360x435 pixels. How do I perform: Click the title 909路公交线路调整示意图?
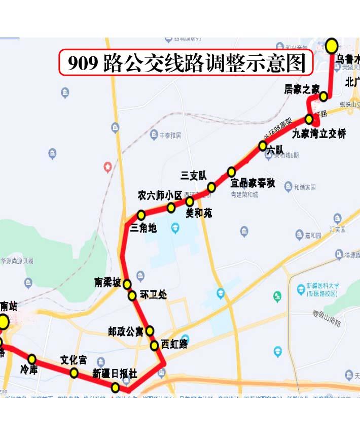[x=187, y=63]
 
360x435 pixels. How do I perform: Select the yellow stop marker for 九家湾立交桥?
[x=309, y=120]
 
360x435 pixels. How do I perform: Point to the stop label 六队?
[x=275, y=150]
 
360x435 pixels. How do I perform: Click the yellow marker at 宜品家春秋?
[x=231, y=172]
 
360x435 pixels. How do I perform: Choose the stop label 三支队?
[x=194, y=176]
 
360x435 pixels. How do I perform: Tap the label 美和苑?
[x=199, y=213]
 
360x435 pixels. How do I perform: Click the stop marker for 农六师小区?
[x=171, y=208]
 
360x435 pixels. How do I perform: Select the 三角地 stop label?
[x=143, y=228]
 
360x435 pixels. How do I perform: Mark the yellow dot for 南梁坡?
[x=127, y=284]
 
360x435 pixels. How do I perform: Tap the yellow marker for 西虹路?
[x=154, y=346]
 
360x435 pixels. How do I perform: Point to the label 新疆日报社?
[x=115, y=374]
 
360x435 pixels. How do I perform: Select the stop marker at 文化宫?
[x=74, y=374]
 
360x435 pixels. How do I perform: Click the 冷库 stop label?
[x=29, y=371]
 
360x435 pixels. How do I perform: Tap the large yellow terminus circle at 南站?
[x=3, y=322]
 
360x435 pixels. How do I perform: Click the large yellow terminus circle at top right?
[x=332, y=46]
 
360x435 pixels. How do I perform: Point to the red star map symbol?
[x=107, y=166]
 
